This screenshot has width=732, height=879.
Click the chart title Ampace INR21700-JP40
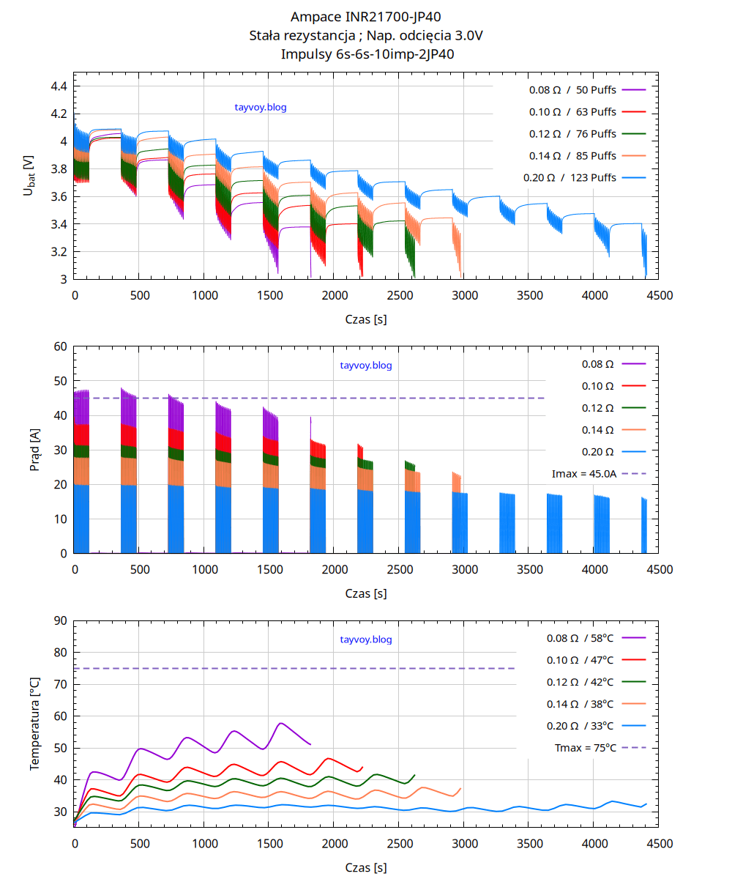pyautogui.click(x=366, y=17)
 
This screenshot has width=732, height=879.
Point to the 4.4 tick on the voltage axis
pyautogui.click(x=59, y=86)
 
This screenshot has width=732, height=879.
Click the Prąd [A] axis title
pyautogui.click(x=34, y=450)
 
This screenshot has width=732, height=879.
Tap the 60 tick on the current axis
pyautogui.click(x=59, y=346)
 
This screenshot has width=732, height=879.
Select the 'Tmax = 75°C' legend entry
pyautogui.click(x=586, y=748)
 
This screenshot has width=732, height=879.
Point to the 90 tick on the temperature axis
pyautogui.click(x=59, y=620)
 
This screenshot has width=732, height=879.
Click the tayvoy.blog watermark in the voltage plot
pyautogui.click(x=260, y=107)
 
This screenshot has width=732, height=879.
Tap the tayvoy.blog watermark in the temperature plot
pyautogui.click(x=366, y=639)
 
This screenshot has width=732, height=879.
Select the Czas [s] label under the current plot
pyautogui.click(x=366, y=593)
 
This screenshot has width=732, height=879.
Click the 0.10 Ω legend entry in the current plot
pyautogui.click(x=597, y=386)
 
